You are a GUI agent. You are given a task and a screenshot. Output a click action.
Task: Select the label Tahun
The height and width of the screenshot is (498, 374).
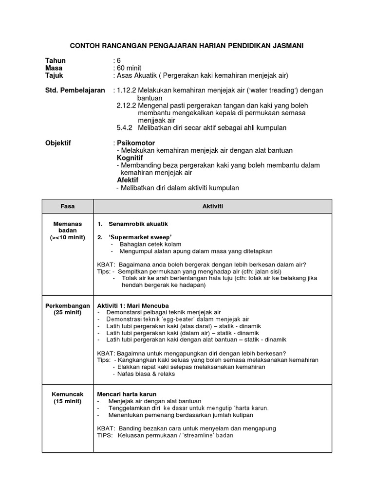pos(55,61)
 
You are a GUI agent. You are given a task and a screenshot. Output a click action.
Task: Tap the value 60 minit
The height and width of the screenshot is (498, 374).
pos(129,68)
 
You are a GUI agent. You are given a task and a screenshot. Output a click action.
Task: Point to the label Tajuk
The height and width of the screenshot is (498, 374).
pos(54,76)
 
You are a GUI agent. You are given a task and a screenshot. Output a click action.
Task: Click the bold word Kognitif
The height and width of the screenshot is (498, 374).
pos(130,158)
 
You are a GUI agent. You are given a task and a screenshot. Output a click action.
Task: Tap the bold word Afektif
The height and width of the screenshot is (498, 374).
pos(128,180)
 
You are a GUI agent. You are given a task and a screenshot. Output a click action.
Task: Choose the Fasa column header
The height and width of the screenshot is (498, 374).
pos(68,206)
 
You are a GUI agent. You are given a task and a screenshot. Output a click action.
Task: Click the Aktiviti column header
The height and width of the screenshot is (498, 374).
pos(212,206)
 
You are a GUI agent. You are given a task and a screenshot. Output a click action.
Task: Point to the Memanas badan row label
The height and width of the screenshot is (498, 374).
pos(68,227)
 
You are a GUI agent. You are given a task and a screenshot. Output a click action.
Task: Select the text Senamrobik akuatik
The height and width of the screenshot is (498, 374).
pos(138,224)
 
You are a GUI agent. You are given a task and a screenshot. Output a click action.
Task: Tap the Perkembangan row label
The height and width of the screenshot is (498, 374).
pos(68,306)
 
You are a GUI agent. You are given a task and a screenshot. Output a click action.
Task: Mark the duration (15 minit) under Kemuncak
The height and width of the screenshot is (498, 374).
pos(68,401)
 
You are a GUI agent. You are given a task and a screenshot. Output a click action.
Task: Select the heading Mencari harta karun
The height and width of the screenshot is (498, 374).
pos(127,393)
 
